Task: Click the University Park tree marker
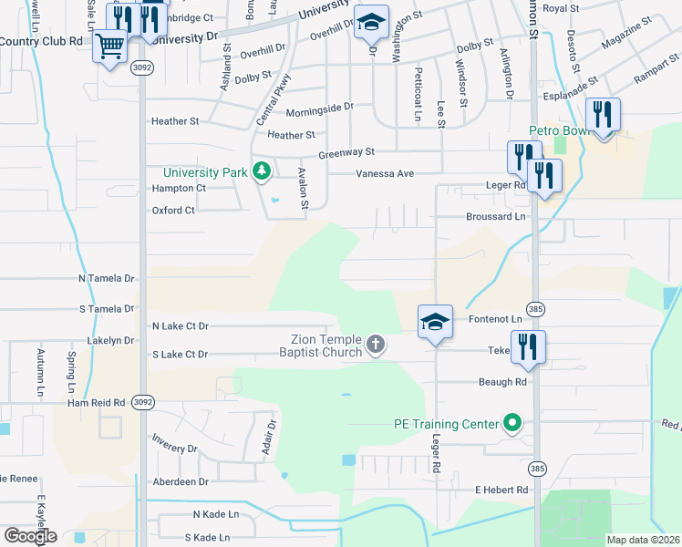tap(262, 170)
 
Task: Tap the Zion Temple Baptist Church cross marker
tap(376, 345)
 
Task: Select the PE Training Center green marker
tap(512, 423)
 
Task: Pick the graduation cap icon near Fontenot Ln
tap(436, 321)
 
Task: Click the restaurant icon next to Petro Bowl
tap(603, 115)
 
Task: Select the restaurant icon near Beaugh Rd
tap(528, 346)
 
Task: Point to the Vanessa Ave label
tap(385, 173)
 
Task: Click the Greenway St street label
tap(346, 152)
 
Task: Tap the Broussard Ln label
tap(496, 216)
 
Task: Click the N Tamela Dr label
tap(106, 277)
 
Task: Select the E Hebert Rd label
tap(501, 490)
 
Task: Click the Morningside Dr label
tap(319, 108)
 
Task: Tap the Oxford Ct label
tap(173, 211)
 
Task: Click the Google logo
tap(30, 536)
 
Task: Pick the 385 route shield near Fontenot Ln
tap(536, 308)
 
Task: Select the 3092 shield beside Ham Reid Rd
tap(142, 400)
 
